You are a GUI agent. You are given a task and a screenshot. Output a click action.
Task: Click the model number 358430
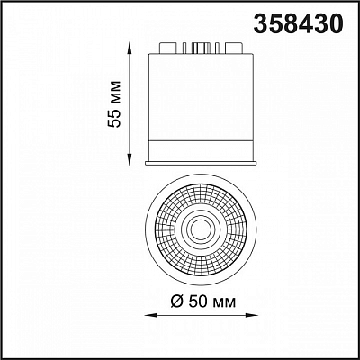click(298, 23)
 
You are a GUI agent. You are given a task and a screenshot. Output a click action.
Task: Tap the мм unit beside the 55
click(116, 91)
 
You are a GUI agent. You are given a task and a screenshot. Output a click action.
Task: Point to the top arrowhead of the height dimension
click(130, 48)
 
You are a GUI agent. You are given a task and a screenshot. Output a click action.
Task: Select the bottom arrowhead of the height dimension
click(130, 160)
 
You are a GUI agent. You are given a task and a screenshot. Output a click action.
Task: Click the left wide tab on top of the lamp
click(167, 48)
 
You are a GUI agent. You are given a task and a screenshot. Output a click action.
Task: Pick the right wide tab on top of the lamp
click(234, 48)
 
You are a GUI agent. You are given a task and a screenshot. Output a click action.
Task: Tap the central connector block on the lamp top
click(201, 48)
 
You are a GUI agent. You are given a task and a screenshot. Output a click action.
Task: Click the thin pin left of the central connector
click(184, 49)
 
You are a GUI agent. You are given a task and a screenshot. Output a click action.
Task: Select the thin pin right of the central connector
click(217, 49)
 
